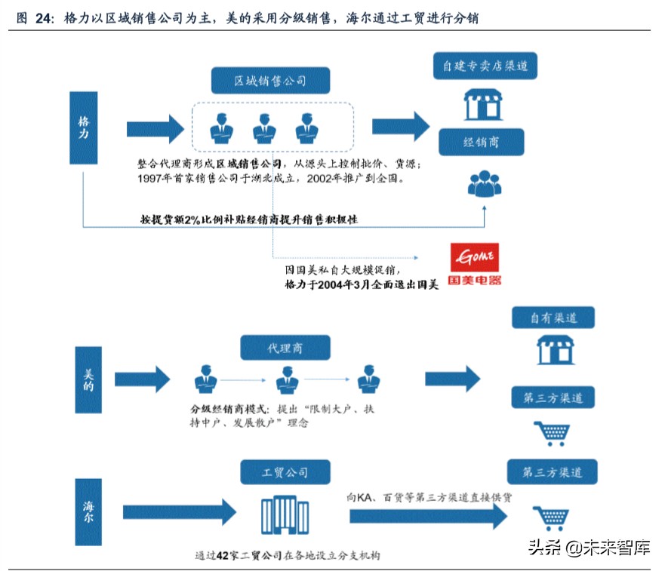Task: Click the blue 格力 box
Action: point(84,127)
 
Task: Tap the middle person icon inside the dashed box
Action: point(263,128)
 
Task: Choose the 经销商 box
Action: point(482,141)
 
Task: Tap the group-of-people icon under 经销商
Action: point(484,183)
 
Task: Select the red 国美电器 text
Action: point(474,280)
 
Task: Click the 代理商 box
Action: point(285,348)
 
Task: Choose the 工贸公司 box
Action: point(285,473)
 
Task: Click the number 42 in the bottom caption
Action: point(223,556)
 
